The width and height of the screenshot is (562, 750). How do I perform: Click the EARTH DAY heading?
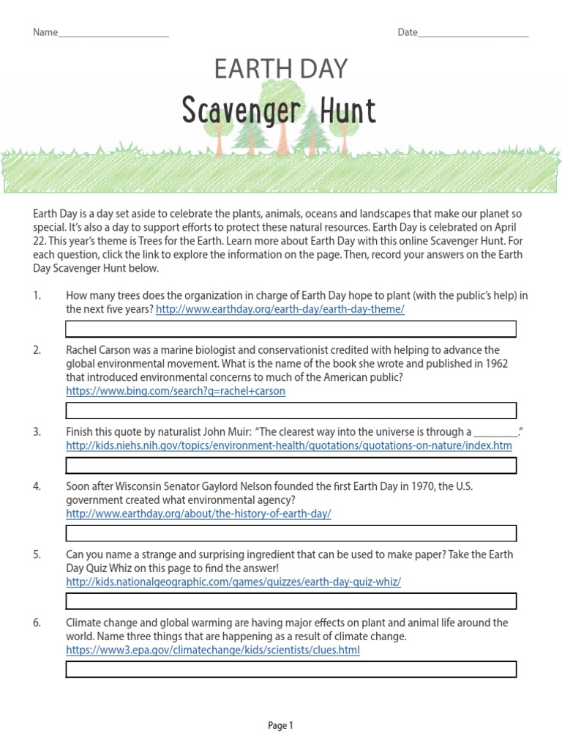click(x=281, y=69)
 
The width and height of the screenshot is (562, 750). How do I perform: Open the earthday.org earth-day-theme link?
click(x=280, y=310)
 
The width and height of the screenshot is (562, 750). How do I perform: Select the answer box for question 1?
click(x=291, y=329)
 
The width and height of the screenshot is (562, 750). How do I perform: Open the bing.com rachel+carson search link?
click(x=176, y=391)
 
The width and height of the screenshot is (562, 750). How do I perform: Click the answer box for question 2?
click(x=291, y=410)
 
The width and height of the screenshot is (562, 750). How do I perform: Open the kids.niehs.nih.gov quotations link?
click(x=289, y=445)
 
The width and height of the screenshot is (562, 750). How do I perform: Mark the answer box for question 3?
click(x=291, y=465)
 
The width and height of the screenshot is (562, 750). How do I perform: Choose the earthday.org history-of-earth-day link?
click(x=198, y=514)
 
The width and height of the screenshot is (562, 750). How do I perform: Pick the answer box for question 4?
click(x=291, y=533)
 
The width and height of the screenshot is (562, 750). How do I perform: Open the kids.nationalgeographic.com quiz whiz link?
click(x=233, y=582)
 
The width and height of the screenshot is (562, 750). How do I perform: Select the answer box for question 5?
click(x=291, y=601)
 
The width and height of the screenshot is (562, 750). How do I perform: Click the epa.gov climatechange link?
click(x=213, y=650)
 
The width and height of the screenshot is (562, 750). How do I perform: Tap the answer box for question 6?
click(x=291, y=669)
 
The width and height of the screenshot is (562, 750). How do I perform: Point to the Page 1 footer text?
click(x=280, y=726)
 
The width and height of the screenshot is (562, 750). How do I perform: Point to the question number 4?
click(x=37, y=486)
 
